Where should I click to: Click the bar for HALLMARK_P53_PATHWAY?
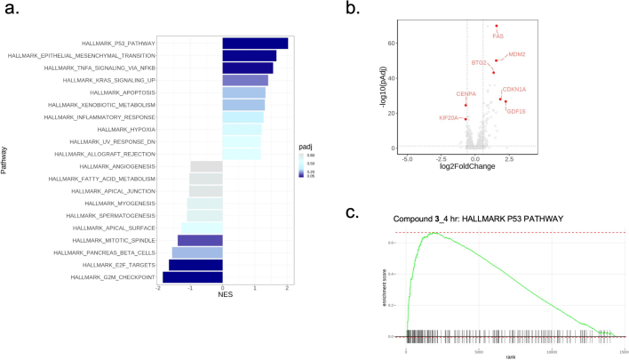255,43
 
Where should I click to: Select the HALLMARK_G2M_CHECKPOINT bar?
192,277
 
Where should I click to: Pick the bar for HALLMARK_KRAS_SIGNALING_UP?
245,80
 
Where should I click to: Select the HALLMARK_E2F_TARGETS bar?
195,265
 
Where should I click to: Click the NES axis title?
222,293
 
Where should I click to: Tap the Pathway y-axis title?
6,160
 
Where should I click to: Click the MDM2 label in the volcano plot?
516,54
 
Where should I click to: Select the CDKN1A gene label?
514,89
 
